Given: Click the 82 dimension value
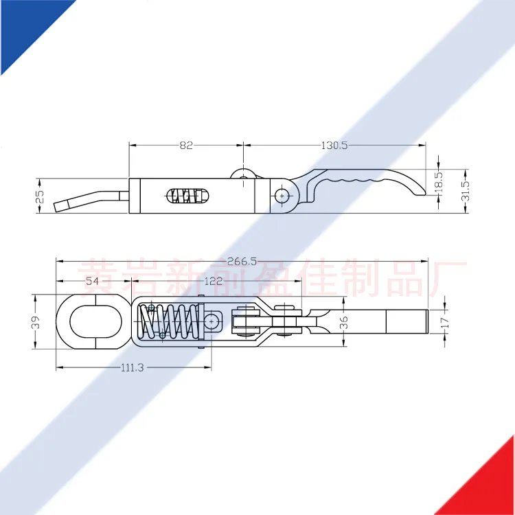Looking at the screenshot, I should [x=186, y=145].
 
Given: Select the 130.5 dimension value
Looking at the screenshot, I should [x=334, y=145].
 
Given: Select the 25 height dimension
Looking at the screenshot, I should [x=40, y=196].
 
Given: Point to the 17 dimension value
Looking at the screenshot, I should [x=444, y=321].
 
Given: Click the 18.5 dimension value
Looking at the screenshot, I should [x=439, y=182].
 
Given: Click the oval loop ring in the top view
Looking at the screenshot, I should [x=90, y=321].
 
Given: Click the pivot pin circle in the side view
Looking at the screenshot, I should [x=282, y=196].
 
